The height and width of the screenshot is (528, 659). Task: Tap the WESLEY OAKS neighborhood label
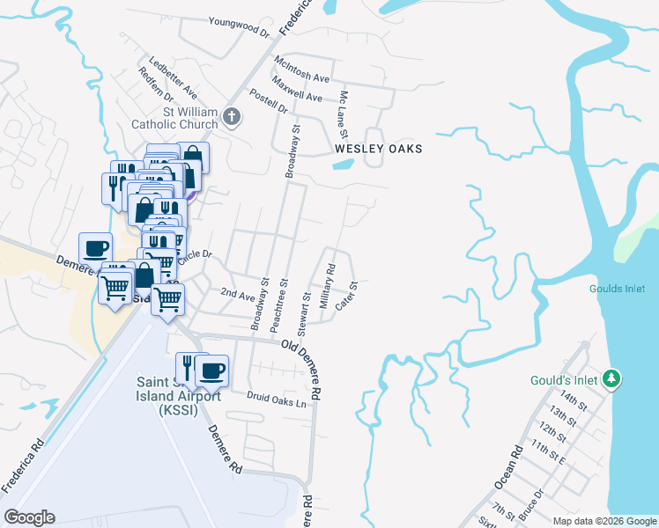tap(378, 150)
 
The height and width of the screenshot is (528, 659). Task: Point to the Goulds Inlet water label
tap(618, 289)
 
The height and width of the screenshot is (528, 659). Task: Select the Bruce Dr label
tap(530, 504)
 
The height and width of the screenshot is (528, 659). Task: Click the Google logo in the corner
tap(29, 517)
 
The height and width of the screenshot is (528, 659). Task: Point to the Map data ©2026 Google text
tap(604, 521)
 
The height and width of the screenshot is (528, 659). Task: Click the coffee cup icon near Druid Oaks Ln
tap(211, 372)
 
